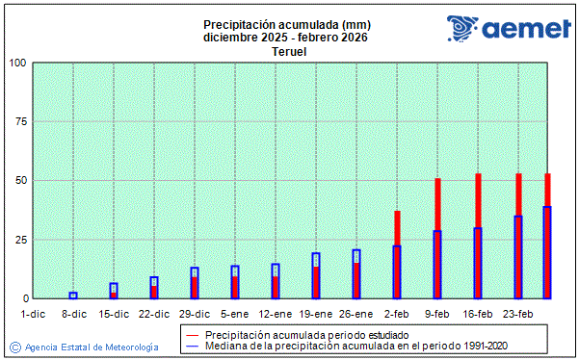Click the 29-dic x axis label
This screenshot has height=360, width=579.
point(195,314)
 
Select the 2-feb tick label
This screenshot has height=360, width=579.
point(397,314)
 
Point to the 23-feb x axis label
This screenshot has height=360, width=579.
point(518,314)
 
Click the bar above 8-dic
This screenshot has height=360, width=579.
point(73,295)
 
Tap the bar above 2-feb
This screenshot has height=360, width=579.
point(397,255)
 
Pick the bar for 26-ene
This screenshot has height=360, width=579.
point(356,274)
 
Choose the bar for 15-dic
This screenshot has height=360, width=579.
point(114,291)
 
